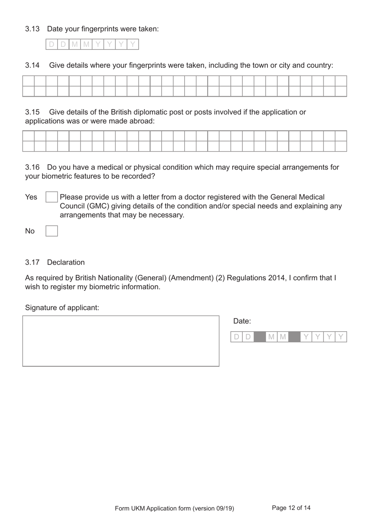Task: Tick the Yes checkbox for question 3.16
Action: point(51,197)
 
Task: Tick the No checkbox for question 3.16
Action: point(51,231)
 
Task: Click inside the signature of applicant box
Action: point(121,341)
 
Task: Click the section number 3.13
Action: point(32,29)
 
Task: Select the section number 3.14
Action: point(32,65)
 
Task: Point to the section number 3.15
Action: point(32,112)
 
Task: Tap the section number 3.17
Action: point(32,262)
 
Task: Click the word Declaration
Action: point(66,262)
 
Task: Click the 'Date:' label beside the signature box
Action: point(242,321)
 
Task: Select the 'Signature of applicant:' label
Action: point(62,308)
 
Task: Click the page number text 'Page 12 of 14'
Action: point(291,508)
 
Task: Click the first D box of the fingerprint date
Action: point(51,44)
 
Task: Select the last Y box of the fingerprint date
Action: point(133,44)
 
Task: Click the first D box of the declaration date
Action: point(236,337)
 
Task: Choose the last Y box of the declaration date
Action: point(341,337)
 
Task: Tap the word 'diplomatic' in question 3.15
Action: point(152,112)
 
